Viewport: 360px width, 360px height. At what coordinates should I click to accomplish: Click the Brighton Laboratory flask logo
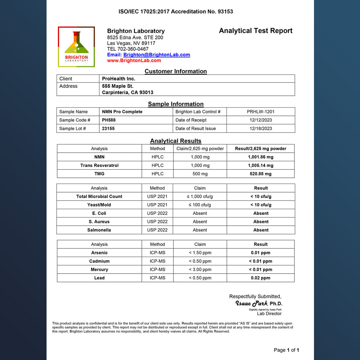pyautogui.click(x=76, y=46)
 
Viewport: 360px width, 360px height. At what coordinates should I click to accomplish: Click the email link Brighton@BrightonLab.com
pyautogui.click(x=157, y=55)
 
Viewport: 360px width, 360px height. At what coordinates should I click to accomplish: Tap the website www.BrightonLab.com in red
pyautogui.click(x=134, y=60)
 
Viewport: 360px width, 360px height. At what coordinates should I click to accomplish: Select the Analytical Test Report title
pyautogui.click(x=256, y=31)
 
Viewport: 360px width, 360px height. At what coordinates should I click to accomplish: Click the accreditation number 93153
pyautogui.click(x=225, y=12)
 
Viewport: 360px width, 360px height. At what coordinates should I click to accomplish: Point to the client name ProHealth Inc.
pyautogui.click(x=118, y=78)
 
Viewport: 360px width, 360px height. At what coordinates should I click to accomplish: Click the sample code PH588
pyautogui.click(x=109, y=120)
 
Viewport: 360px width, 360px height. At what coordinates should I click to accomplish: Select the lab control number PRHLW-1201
pyautogui.click(x=261, y=112)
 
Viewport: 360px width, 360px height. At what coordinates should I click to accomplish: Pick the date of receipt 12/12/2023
pyautogui.click(x=261, y=120)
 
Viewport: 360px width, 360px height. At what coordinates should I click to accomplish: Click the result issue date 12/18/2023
pyautogui.click(x=261, y=129)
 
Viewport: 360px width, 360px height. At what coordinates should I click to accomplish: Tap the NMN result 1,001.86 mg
pyautogui.click(x=261, y=157)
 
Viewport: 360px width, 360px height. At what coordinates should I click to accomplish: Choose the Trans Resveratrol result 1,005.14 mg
pyautogui.click(x=261, y=166)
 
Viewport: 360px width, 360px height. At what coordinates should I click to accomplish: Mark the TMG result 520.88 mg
pyautogui.click(x=261, y=174)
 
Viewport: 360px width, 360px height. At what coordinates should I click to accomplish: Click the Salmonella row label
pyautogui.click(x=99, y=230)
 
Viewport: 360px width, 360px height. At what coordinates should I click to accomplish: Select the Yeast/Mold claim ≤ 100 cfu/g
pyautogui.click(x=200, y=205)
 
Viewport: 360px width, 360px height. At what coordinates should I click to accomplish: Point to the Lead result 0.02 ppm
pyautogui.click(x=261, y=278)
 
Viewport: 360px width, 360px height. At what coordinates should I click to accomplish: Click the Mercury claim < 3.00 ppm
pyautogui.click(x=200, y=270)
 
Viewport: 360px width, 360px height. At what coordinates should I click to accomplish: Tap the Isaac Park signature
pyautogui.click(x=252, y=303)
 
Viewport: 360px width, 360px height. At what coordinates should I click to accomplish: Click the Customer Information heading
pyautogui.click(x=176, y=71)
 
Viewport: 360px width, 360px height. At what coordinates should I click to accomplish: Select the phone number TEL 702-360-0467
pyautogui.click(x=128, y=49)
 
